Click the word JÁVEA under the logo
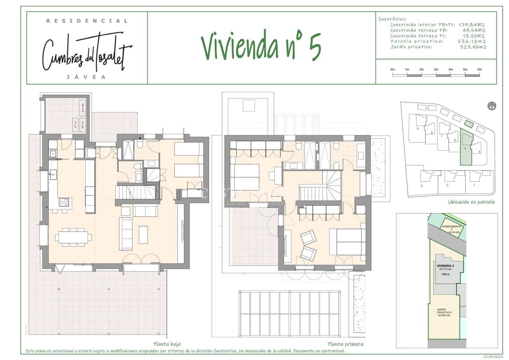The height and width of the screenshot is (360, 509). click(86, 77)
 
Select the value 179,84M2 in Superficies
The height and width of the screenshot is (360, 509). click(471, 25)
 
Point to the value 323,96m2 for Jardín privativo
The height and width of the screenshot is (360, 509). click(473, 47)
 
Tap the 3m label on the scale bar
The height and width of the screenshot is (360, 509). click(436, 69)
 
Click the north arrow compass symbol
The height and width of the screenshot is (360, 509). click(492, 106)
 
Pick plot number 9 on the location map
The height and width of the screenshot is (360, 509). click(418, 129)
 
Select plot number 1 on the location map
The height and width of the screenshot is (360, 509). click(474, 185)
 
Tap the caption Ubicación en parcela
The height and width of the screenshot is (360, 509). click(471, 202)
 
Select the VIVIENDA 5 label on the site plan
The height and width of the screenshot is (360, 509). click(445, 266)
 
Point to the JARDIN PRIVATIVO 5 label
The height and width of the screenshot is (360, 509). click(444, 312)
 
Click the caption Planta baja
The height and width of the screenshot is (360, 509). click(167, 344)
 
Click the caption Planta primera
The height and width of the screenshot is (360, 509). click(345, 344)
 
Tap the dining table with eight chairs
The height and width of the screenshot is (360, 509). click(73, 237)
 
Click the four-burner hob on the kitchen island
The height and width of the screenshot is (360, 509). click(64, 201)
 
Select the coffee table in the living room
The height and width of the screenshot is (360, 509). click(143, 235)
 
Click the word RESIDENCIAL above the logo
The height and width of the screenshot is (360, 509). click(87, 21)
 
